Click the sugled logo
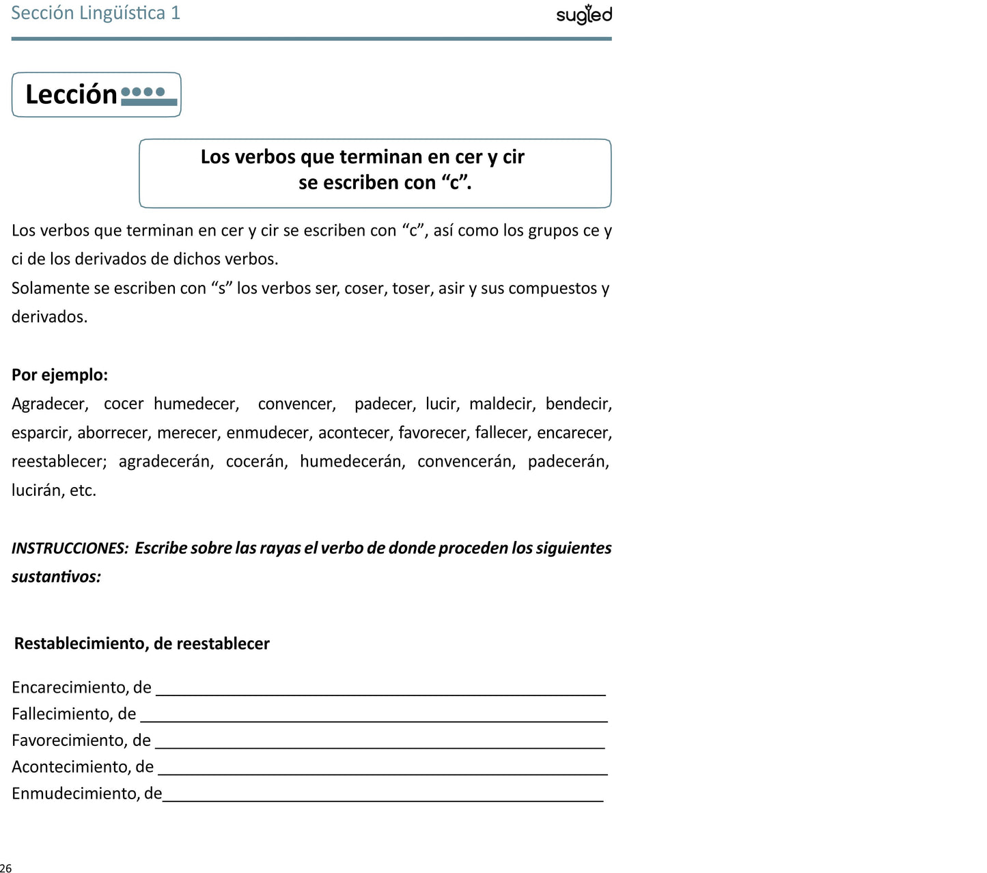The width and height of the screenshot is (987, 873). pos(584,14)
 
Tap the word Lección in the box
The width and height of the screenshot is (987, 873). pos(71,94)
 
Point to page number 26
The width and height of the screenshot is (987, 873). pos(5,868)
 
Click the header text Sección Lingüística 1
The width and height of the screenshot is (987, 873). pos(96,13)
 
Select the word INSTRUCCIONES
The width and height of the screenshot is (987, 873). pos(70,548)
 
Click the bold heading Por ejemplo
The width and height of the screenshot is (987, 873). pos(59,374)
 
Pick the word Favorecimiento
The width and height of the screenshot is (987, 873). pos(69,740)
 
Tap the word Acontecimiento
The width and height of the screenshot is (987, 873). pos(71,766)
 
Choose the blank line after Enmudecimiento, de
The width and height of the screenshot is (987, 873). pos(383,799)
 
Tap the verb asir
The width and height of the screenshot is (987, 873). pos(451,288)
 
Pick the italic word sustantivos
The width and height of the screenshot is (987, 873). pos(55,577)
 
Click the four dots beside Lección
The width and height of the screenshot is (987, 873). pos(143,92)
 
